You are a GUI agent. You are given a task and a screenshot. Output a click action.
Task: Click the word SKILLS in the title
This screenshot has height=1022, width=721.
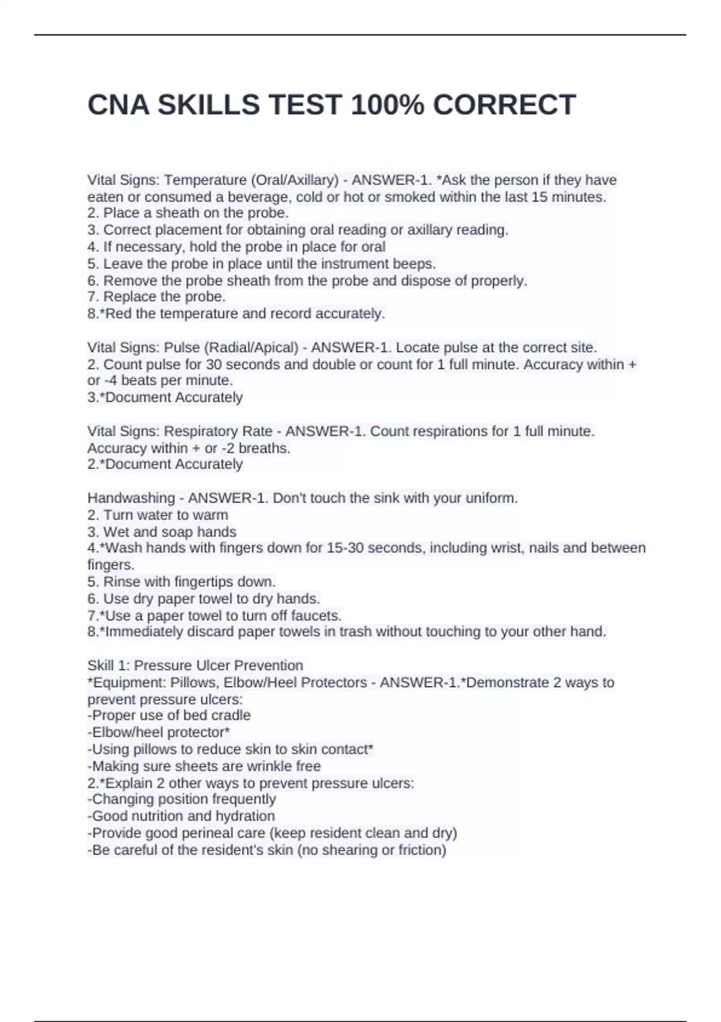click(x=208, y=105)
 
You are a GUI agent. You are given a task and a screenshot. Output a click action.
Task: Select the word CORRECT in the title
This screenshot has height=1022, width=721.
click(x=504, y=105)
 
